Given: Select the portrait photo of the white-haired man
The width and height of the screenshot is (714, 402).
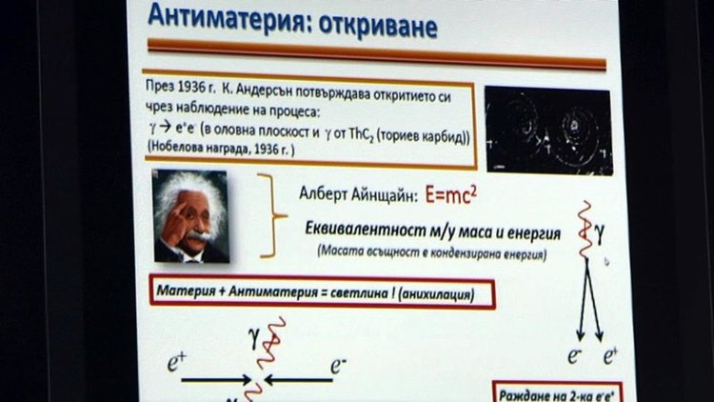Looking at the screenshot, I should pos(189,216).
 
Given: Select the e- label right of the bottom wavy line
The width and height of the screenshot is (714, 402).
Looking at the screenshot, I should pos(339,363).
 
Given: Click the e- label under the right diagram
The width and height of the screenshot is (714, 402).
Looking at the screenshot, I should pos(574,356).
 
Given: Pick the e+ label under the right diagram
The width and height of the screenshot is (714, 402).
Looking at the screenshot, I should pos(610,356).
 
